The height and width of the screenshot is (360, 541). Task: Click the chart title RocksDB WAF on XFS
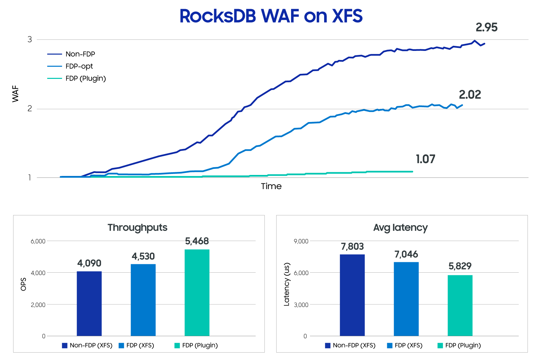pyautogui.click(x=271, y=16)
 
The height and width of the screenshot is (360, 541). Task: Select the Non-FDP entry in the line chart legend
pyautogui.click(x=80, y=54)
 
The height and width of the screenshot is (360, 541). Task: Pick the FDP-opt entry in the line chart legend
pyautogui.click(x=79, y=66)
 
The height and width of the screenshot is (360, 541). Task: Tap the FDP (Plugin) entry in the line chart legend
pyautogui.click(x=86, y=78)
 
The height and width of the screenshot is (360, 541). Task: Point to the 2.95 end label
pyautogui.click(x=486, y=27)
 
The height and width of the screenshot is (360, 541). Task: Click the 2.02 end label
pyautogui.click(x=470, y=95)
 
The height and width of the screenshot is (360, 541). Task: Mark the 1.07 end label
pyautogui.click(x=425, y=159)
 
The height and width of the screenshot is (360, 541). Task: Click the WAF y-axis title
pyautogui.click(x=16, y=94)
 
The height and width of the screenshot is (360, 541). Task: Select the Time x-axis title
pyautogui.click(x=271, y=186)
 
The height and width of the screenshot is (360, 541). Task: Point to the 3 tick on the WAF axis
pyautogui.click(x=30, y=39)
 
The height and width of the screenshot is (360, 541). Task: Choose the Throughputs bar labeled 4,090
pyautogui.click(x=89, y=303)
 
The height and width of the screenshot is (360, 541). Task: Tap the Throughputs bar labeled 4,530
pyautogui.click(x=143, y=300)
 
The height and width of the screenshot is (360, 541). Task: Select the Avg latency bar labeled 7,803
pyautogui.click(x=352, y=295)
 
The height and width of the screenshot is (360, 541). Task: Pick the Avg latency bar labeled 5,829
pyautogui.click(x=460, y=305)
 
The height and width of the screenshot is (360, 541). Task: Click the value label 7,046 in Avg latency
pyautogui.click(x=406, y=254)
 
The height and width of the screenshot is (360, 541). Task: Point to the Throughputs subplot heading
pyautogui.click(x=138, y=228)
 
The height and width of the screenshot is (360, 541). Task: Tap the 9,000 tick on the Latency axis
pyautogui.click(x=301, y=241)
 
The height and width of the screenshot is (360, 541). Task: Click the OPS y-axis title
pyautogui.click(x=23, y=284)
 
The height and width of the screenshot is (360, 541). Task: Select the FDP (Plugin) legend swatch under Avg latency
pyautogui.click(x=440, y=346)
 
